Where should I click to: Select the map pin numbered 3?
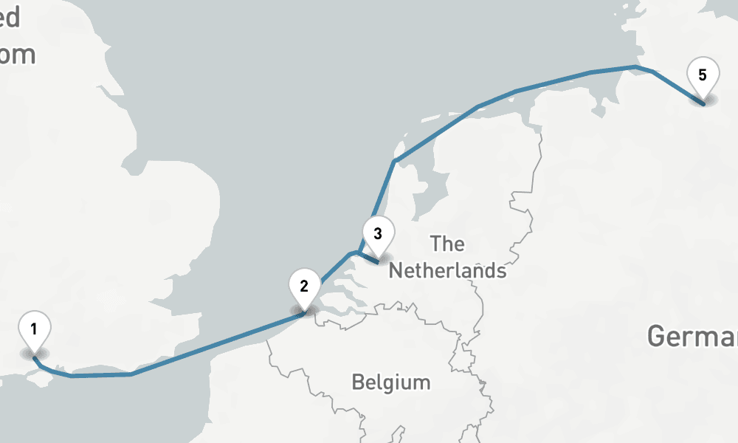coord(378,236)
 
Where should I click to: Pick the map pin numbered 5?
coord(702,76)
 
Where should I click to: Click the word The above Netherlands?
coord(447,244)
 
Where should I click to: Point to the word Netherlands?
coord(447,270)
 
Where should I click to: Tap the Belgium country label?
coord(390,382)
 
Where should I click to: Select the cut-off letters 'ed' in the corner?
coord(10,18)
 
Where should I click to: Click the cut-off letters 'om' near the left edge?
coord(18,55)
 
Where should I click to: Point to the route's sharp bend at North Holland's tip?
coord(395,160)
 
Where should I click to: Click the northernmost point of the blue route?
coord(634,67)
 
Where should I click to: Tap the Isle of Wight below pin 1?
coord(37,377)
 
